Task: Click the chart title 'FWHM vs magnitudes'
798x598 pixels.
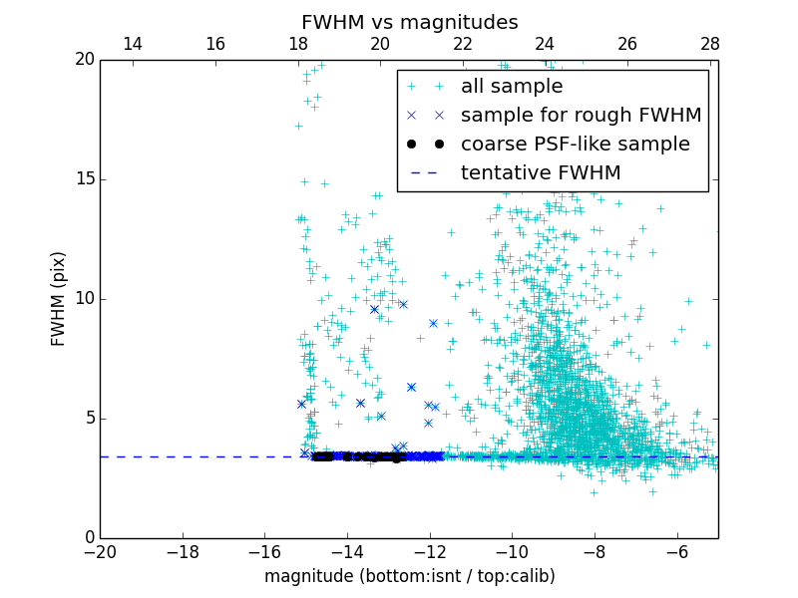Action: click(409, 22)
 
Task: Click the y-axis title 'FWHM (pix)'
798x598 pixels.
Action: click(58, 298)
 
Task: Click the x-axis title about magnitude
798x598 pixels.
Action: click(409, 576)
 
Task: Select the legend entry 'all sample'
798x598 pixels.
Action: click(512, 87)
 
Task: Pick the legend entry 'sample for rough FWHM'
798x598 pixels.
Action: click(581, 116)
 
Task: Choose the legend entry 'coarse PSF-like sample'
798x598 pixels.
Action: click(575, 145)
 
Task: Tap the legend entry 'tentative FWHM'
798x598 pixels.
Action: click(541, 173)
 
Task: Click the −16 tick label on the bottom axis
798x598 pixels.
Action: click(264, 552)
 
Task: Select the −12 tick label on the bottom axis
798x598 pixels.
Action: click(429, 552)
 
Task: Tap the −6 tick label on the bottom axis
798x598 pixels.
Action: click(676, 552)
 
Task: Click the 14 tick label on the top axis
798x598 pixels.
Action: click(132, 44)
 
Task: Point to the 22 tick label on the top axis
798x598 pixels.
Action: click(462, 44)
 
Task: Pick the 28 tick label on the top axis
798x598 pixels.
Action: click(709, 44)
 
